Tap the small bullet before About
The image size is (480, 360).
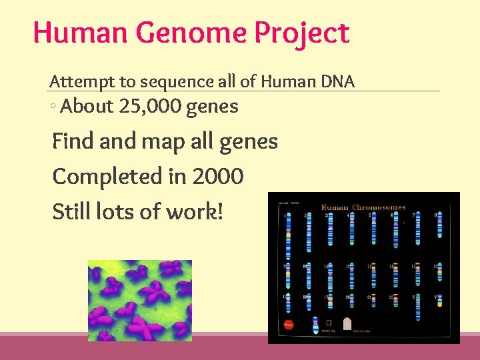(x=53, y=107)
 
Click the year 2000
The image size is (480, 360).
(x=218, y=177)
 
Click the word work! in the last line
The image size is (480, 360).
(x=194, y=211)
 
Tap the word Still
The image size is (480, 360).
(x=72, y=211)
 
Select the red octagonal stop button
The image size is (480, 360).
(x=289, y=325)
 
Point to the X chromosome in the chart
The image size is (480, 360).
(x=419, y=307)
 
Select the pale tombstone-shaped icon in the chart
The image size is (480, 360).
(x=346, y=324)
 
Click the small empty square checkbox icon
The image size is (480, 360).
(x=328, y=322)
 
